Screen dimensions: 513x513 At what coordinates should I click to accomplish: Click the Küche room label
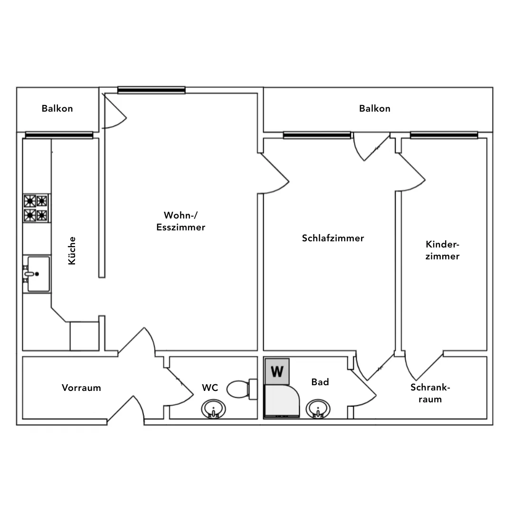[x=72, y=251]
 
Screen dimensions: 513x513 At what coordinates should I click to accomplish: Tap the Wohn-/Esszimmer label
[x=180, y=221]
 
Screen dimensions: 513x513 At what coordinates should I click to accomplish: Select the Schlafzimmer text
[x=332, y=238]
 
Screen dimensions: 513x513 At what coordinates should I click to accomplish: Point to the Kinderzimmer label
[x=442, y=250]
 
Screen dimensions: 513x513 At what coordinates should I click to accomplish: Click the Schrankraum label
[x=430, y=393]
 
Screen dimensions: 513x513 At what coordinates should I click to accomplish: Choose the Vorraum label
[x=81, y=388]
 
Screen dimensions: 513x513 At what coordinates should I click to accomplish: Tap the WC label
[x=210, y=388]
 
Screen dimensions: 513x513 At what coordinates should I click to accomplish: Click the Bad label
[x=320, y=382]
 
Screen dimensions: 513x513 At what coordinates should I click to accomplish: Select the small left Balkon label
[x=57, y=108]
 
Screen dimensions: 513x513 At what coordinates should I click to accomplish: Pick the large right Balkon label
[x=375, y=108]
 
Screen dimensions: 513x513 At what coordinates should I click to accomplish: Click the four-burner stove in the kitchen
[x=36, y=208]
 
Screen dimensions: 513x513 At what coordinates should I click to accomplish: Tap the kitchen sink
[x=37, y=274]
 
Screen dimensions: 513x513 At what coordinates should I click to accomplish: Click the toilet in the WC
[x=242, y=389]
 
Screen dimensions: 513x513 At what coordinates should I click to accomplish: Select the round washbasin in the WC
[x=213, y=409]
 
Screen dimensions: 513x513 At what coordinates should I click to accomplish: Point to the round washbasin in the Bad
[x=318, y=409]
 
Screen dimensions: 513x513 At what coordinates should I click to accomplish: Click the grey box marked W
[x=277, y=371]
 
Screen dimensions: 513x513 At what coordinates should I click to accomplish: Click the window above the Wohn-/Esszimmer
[x=152, y=90]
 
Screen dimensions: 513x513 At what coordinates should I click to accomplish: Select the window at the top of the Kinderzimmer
[x=444, y=135]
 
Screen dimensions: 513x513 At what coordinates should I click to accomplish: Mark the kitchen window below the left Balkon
[x=59, y=135]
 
